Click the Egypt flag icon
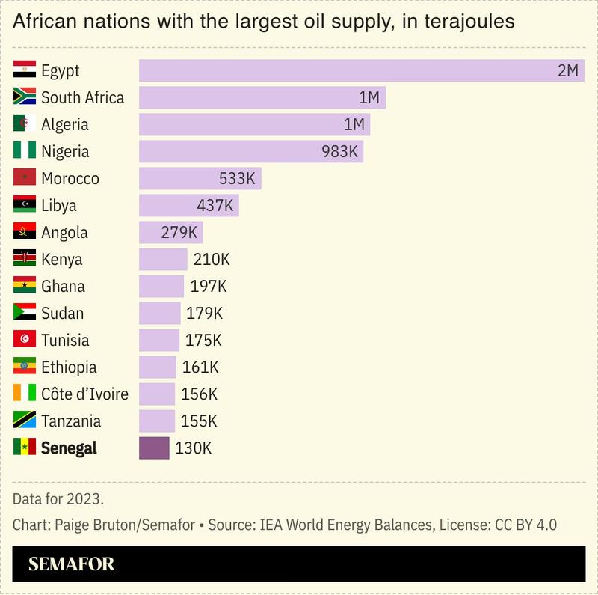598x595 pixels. pos(25,71)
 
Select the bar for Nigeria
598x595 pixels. pos(250,152)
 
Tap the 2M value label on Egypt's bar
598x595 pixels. pos(567,71)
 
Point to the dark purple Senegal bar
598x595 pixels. pos(154,448)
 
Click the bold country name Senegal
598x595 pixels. pos(69,448)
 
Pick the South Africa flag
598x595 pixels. pos(25,98)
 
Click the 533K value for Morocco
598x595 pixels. pos(237,179)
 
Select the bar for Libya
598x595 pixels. pos(188,206)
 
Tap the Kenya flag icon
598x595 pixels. pos(25,260)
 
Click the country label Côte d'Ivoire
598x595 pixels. pos(84,394)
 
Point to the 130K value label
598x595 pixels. pos(194,448)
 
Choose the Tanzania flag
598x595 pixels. pos(25,421)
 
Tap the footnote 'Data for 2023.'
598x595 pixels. pos(58,498)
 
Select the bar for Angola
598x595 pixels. pos(170,233)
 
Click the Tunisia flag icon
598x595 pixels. pos(25,341)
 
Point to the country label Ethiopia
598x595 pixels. pos(69,367)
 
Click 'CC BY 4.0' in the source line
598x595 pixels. pos(525,525)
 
